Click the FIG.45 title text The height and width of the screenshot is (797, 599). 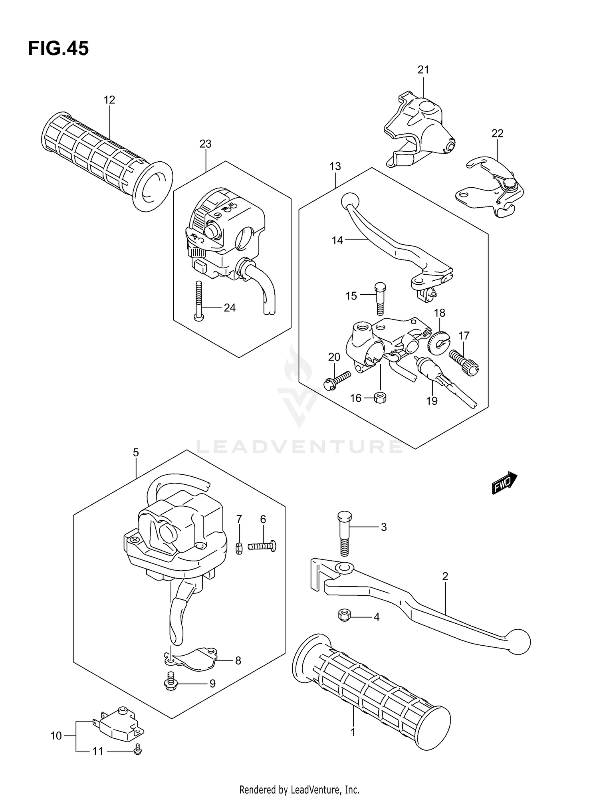(x=58, y=49)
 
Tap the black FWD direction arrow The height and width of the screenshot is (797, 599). (x=504, y=484)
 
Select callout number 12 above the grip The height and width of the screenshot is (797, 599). (x=109, y=100)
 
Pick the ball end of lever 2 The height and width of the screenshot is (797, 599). (x=519, y=642)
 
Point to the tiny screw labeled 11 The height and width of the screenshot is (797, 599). (x=138, y=751)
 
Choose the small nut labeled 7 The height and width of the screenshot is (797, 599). (x=239, y=549)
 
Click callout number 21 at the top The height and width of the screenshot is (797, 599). (x=423, y=70)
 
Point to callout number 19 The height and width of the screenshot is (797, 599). (x=432, y=401)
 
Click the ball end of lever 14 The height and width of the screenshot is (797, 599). (x=350, y=200)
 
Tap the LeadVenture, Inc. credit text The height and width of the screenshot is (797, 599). (x=299, y=789)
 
